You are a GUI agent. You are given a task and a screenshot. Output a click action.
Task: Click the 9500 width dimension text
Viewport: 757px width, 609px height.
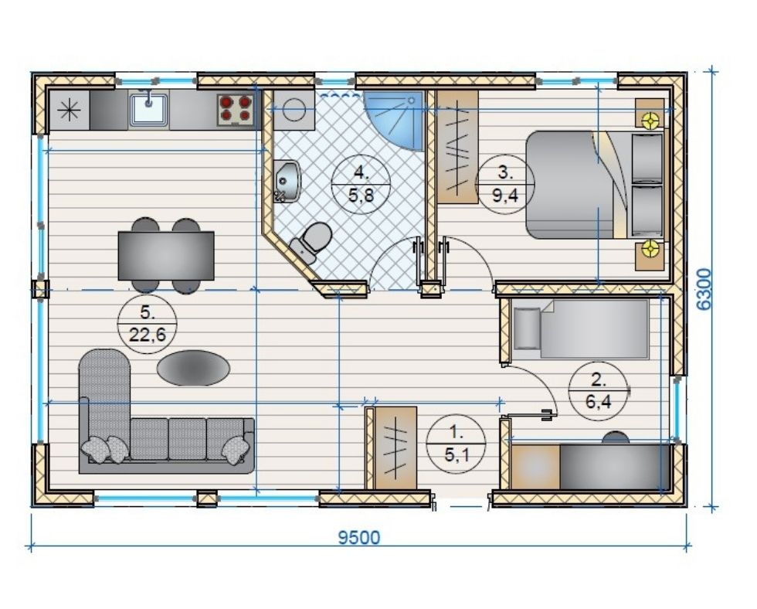pyautogui.click(x=358, y=537)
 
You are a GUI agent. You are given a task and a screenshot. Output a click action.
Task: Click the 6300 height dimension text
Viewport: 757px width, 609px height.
pyautogui.click(x=704, y=289)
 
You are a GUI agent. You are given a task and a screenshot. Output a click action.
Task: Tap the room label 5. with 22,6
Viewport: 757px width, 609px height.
pyautogui.click(x=148, y=324)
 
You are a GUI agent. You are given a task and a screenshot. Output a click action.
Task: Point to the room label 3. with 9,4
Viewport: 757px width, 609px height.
pyautogui.click(x=504, y=184)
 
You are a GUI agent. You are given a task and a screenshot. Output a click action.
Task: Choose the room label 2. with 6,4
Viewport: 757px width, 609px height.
pyautogui.click(x=599, y=390)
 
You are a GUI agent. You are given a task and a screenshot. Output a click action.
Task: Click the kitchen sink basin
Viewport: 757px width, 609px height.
pyautogui.click(x=148, y=110)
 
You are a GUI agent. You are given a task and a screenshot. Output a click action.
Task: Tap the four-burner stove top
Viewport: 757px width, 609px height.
pyautogui.click(x=235, y=109)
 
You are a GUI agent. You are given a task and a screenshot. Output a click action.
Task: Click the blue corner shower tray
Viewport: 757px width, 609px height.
pyautogui.click(x=393, y=121)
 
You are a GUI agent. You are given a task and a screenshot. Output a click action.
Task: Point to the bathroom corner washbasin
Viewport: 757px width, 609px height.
pyautogui.click(x=287, y=181)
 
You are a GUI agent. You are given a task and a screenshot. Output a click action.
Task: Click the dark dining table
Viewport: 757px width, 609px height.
pyautogui.click(x=166, y=256)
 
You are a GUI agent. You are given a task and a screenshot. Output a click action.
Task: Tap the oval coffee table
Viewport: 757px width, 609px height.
pyautogui.click(x=193, y=368)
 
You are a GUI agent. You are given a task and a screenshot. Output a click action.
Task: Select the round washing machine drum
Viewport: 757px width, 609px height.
pyautogui.click(x=294, y=110)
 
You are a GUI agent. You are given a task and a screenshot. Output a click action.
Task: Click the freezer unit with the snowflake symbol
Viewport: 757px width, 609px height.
pyautogui.click(x=69, y=111)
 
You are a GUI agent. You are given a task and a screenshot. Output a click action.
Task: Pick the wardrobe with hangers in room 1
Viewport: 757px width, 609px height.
pyautogui.click(x=395, y=447)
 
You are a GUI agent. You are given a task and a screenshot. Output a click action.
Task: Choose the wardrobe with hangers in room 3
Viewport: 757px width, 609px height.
pyautogui.click(x=457, y=147)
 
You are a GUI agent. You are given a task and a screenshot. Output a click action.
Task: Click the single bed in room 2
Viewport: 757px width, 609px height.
pyautogui.click(x=581, y=329)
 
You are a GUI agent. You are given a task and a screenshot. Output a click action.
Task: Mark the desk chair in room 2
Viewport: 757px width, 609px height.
pyautogui.click(x=616, y=437)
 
